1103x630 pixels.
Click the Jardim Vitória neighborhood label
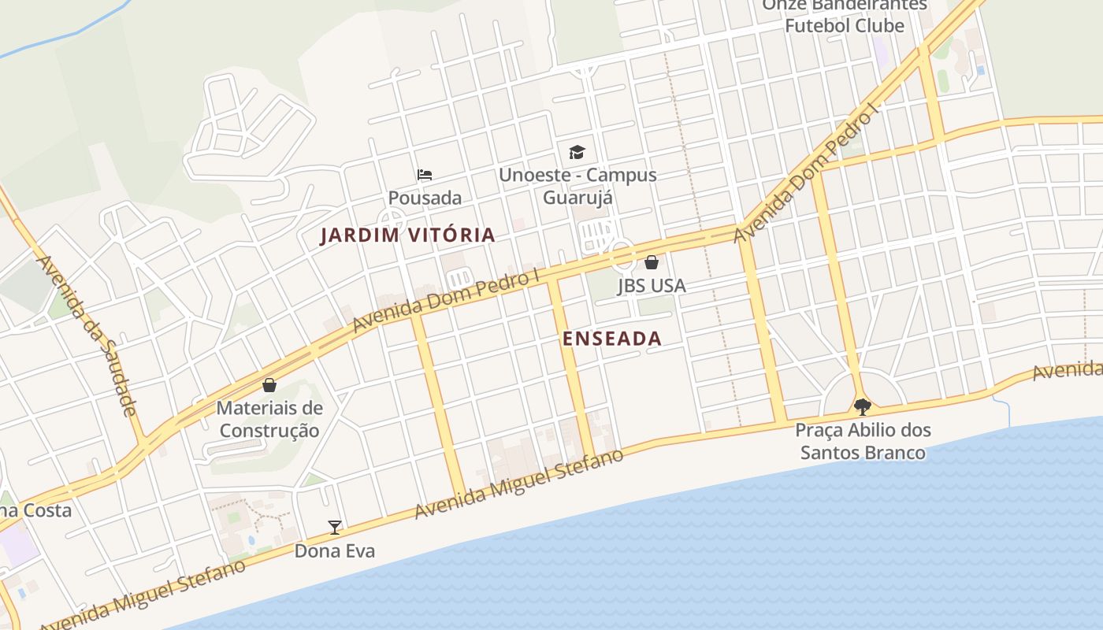407,235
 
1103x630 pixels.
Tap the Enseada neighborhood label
611,339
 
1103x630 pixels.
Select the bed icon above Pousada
425,174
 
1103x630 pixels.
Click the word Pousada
425,198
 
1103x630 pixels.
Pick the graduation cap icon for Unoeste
577,152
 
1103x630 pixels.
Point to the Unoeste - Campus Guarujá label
577,186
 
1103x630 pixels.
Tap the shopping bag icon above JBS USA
652,262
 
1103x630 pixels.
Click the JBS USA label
652,286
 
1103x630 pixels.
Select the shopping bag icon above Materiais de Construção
269,385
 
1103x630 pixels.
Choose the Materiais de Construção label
269,420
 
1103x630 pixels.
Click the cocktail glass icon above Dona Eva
335,528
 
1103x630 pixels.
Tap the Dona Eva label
335,551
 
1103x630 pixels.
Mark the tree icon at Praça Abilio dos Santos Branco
863,407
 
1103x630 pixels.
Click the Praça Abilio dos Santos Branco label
863,442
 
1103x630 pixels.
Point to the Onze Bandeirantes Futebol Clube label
845,16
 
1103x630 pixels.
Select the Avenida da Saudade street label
87,335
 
